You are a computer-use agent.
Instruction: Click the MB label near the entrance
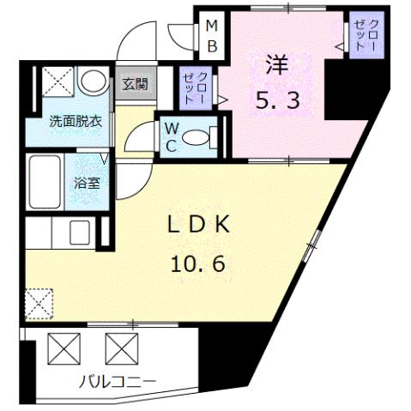click(210, 36)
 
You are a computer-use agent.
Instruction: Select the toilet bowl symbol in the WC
click(199, 136)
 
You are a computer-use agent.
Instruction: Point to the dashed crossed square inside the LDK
click(39, 302)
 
